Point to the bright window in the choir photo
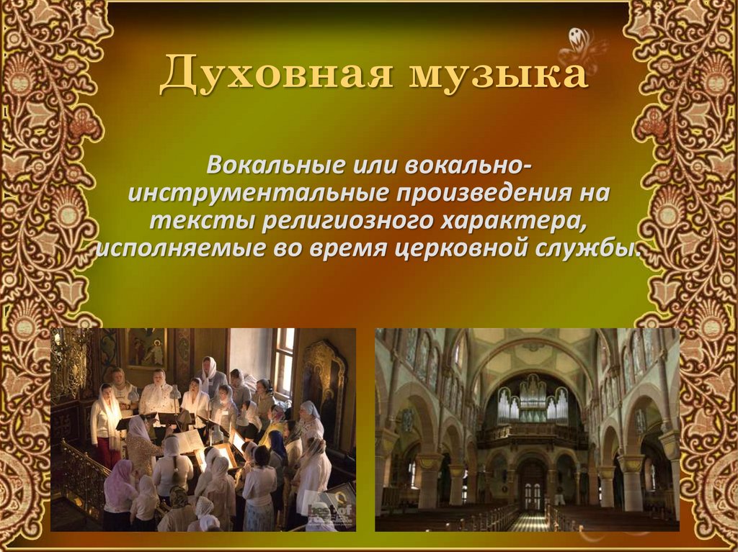point(283,360)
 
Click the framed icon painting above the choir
point(147,348)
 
